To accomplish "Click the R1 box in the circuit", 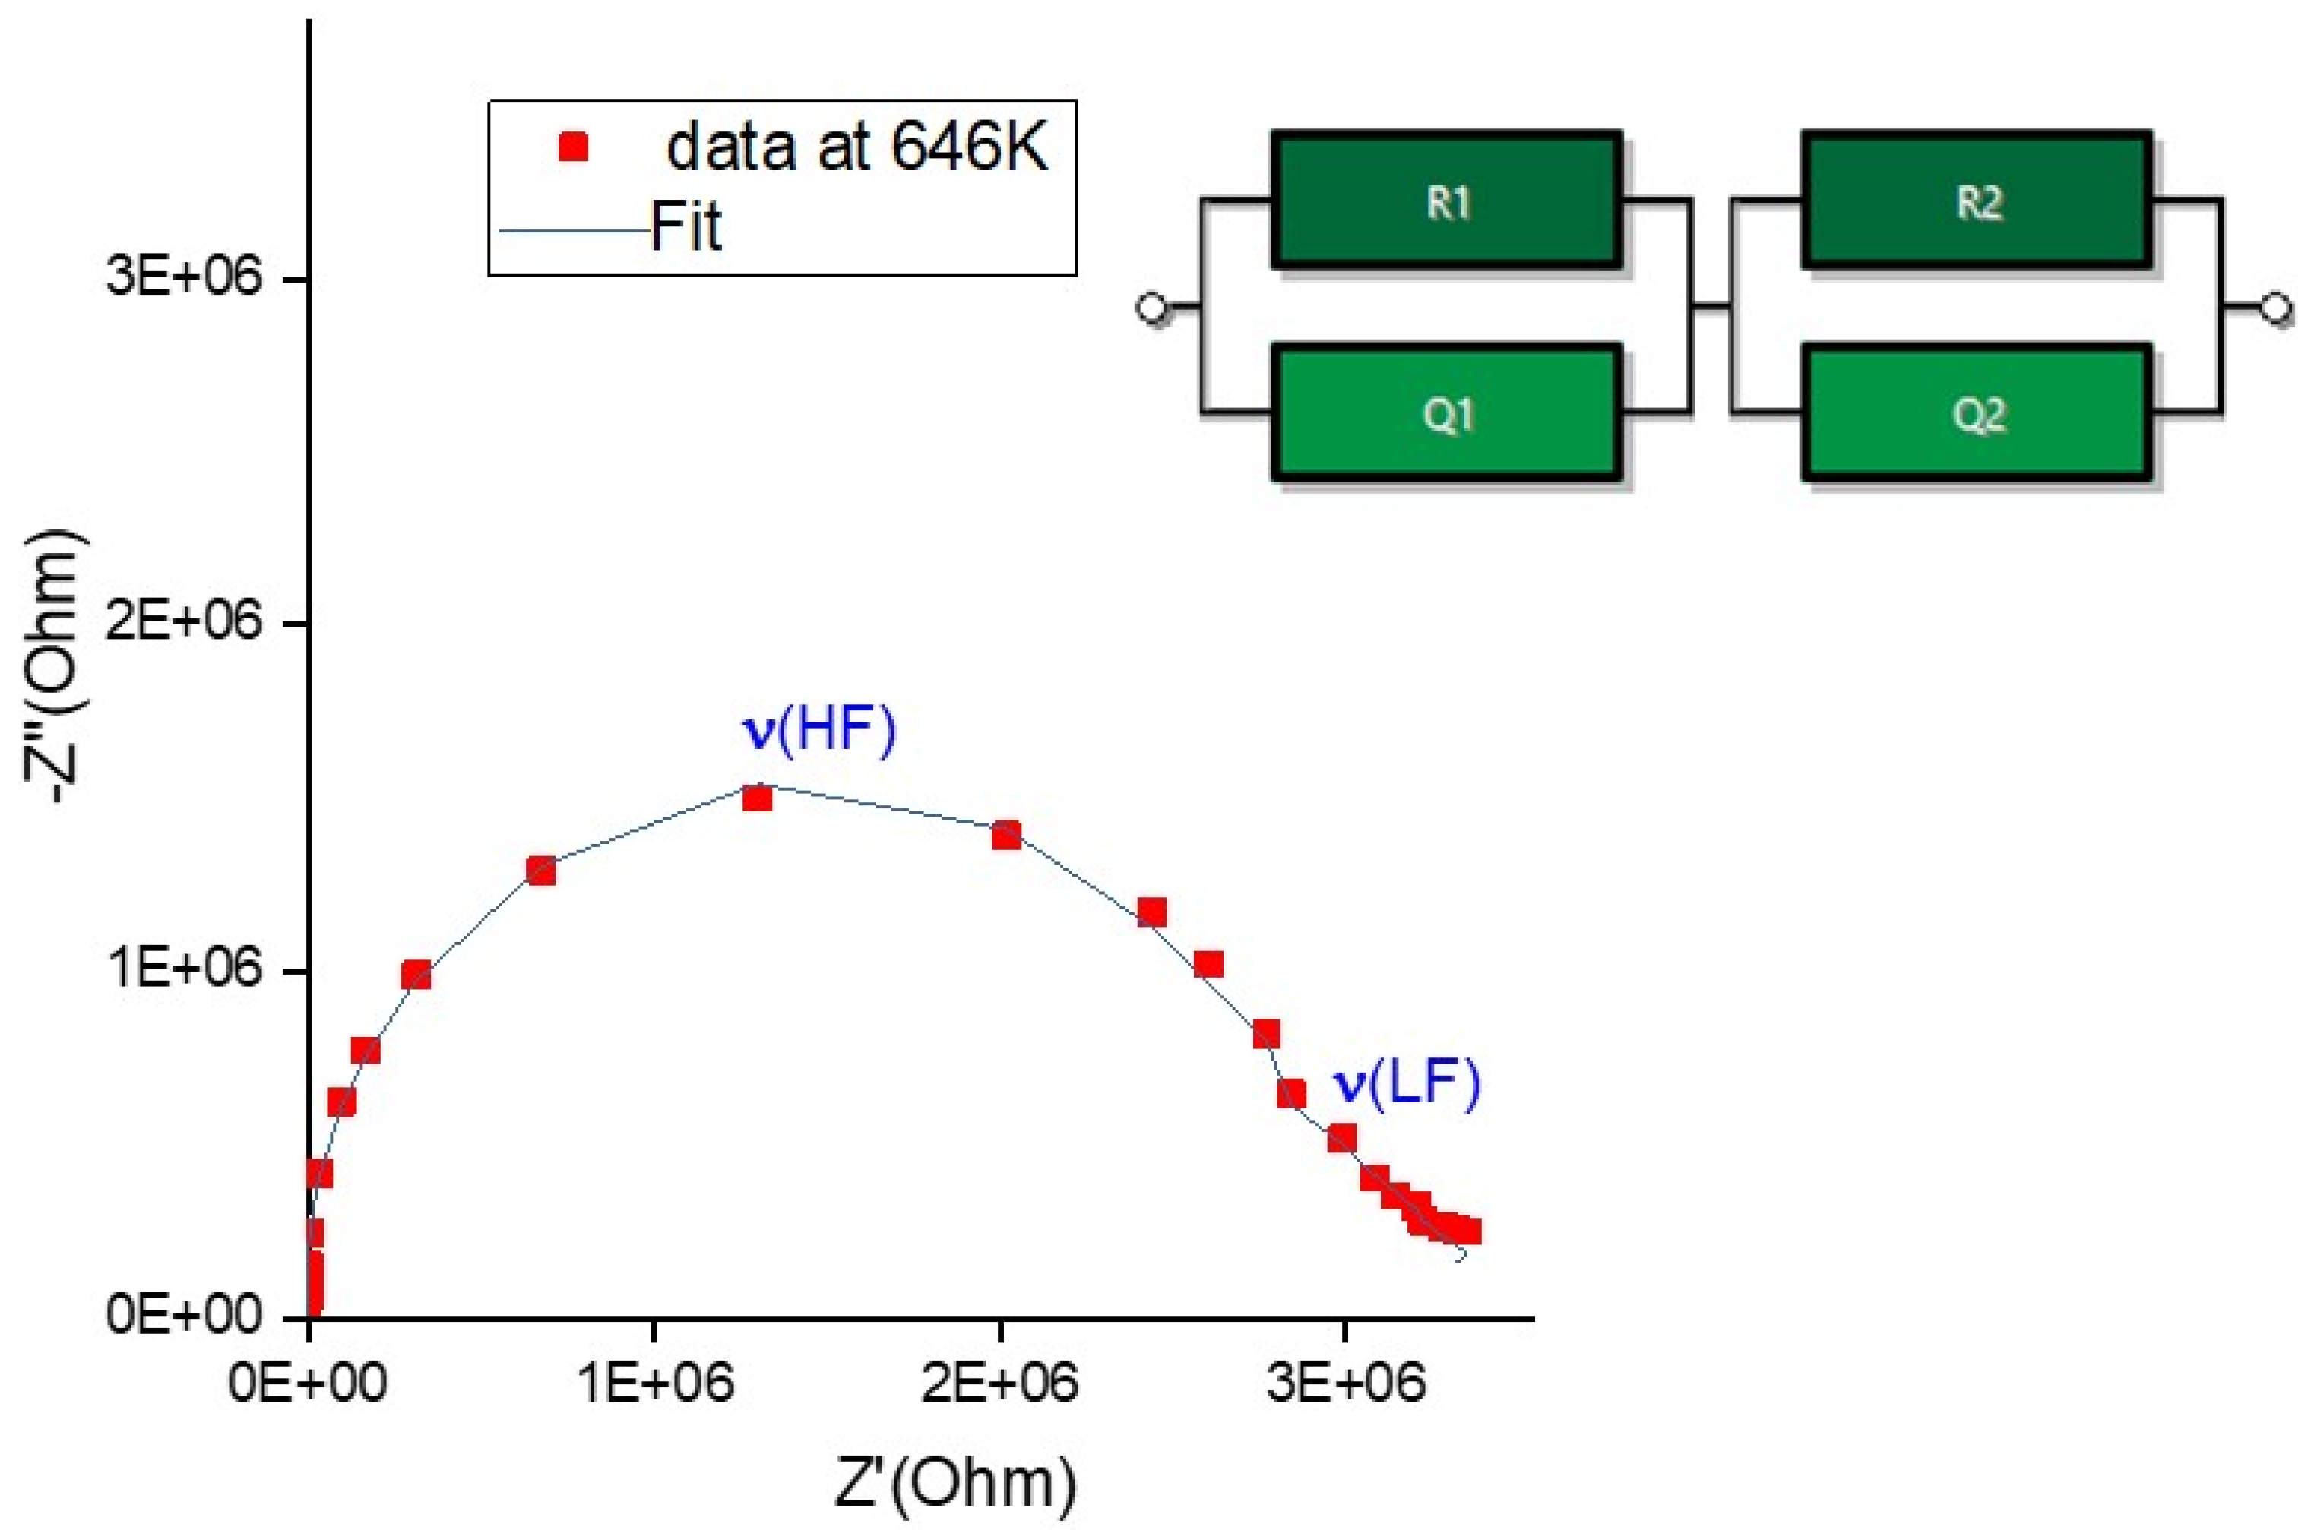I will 1446,202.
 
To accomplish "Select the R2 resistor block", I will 1977,202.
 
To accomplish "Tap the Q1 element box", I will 1446,414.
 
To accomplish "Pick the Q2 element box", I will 1977,414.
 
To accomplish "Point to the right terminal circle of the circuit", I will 2275,308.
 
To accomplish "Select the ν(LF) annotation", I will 1407,1084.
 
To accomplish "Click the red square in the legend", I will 574,148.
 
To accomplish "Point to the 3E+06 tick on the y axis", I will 185,278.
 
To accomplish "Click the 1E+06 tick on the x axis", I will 654,1383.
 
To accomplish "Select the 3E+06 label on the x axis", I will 1345,1383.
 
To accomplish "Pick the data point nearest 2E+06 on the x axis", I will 1006,835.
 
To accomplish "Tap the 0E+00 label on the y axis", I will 185,1317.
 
